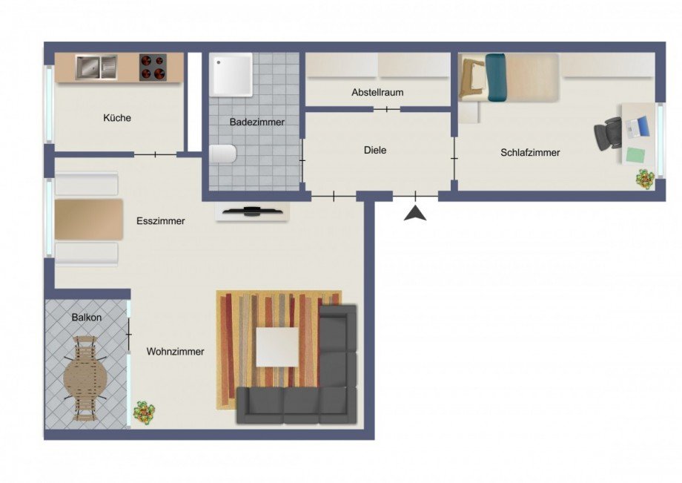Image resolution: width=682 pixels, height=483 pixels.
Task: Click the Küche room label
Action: pyautogui.click(x=117, y=117)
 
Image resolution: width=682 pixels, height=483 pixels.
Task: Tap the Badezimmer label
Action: pyautogui.click(x=256, y=122)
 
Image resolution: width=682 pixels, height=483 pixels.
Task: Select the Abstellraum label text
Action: pyautogui.click(x=377, y=93)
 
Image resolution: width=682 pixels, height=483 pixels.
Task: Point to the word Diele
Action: pyautogui.click(x=375, y=150)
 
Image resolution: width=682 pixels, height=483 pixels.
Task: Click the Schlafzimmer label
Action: pyautogui.click(x=530, y=152)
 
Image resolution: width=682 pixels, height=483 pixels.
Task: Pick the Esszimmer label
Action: pyautogui.click(x=160, y=221)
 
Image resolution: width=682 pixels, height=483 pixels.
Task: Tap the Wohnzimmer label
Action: pyautogui.click(x=175, y=352)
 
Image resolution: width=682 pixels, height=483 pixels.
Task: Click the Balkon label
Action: pyautogui.click(x=87, y=318)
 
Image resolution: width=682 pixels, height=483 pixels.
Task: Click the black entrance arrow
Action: pyautogui.click(x=416, y=214)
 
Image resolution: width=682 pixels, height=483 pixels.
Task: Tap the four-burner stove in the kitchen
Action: pyautogui.click(x=153, y=68)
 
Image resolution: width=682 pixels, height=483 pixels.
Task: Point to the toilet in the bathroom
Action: pyautogui.click(x=222, y=154)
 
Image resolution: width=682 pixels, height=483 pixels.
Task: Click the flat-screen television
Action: pyautogui.click(x=252, y=211)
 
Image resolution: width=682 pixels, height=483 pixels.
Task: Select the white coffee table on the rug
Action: pyautogui.click(x=277, y=347)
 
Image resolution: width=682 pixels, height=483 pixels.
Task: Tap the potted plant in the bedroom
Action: pyautogui.click(x=644, y=178)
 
